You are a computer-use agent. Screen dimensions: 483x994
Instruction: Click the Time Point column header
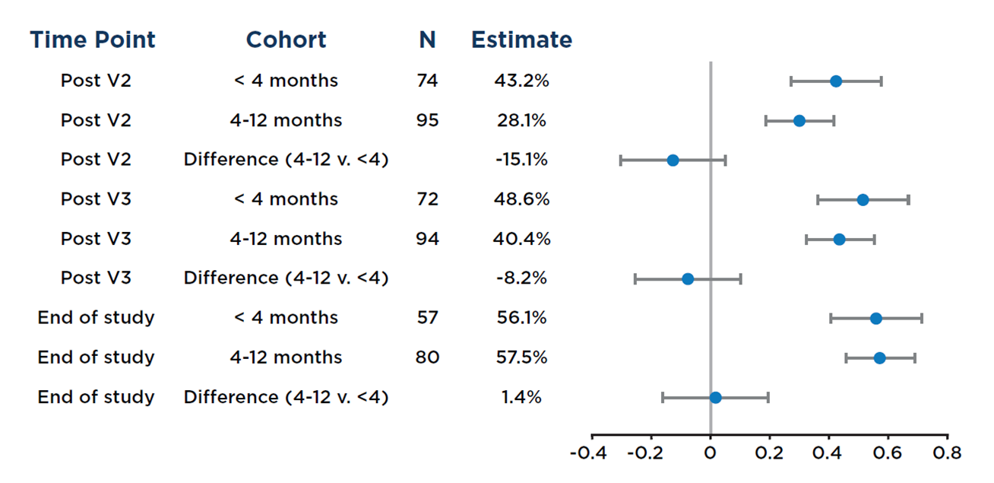(92, 40)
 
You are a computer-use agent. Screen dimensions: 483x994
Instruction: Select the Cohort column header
(286, 40)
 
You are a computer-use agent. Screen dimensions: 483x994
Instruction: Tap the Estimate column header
(521, 40)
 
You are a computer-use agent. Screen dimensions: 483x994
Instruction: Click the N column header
(428, 40)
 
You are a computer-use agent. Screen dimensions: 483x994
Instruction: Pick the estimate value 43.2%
(521, 81)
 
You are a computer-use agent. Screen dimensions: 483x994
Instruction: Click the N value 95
(428, 120)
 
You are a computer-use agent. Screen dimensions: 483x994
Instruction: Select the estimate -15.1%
(521, 160)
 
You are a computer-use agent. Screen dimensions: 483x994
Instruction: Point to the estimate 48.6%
(521, 199)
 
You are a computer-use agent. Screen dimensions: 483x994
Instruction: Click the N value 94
(428, 239)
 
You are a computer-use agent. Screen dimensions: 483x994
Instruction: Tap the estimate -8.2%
(521, 278)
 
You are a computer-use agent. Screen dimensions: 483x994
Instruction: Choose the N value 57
(428, 318)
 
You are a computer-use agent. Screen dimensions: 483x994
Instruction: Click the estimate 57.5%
(521, 357)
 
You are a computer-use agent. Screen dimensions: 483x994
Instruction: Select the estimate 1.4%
(521, 397)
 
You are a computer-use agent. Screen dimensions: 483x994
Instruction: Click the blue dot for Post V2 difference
(673, 160)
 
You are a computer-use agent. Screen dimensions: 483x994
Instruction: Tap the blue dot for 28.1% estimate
(799, 121)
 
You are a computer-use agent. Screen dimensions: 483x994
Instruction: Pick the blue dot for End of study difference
(715, 397)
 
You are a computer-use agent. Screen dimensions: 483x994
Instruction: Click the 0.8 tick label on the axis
(947, 453)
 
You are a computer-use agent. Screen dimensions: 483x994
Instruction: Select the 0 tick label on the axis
(710, 453)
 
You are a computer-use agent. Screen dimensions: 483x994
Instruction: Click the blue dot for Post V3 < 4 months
(863, 200)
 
